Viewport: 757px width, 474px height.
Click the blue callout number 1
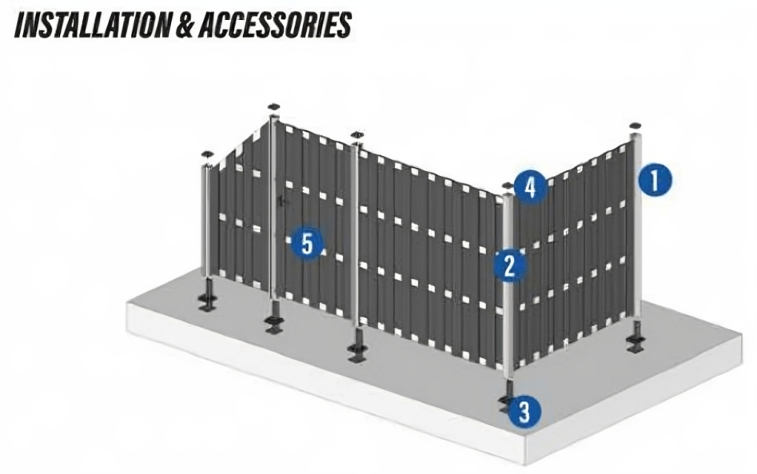pos(655,180)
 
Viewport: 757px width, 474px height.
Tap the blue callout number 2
pos(508,265)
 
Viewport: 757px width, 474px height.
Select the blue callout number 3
pos(524,412)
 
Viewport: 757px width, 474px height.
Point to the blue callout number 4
pos(530,187)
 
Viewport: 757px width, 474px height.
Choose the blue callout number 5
pos(307,242)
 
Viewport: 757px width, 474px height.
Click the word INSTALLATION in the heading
pos(87,24)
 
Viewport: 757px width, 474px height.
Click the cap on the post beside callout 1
pos(636,126)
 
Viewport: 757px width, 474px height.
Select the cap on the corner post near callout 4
pos(507,186)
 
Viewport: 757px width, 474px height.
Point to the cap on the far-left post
pos(207,153)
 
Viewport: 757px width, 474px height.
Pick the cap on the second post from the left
pos(274,106)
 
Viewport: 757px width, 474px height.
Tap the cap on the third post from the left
pos(357,133)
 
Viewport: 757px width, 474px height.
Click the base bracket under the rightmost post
pos(636,344)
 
